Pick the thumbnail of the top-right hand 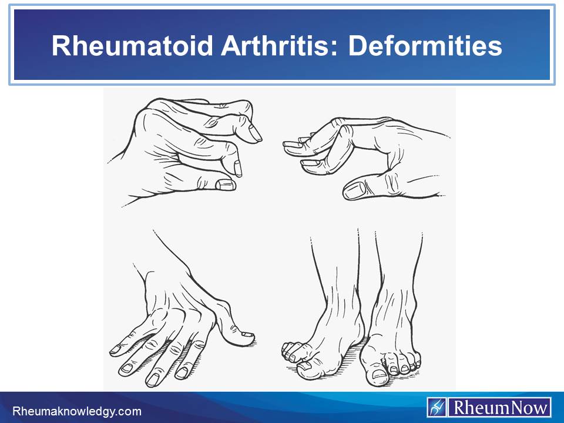click(x=355, y=190)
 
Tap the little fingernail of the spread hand click(x=116, y=349)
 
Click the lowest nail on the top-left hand click(x=226, y=185)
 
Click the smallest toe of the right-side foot click(x=417, y=363)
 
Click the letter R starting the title click(x=61, y=46)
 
